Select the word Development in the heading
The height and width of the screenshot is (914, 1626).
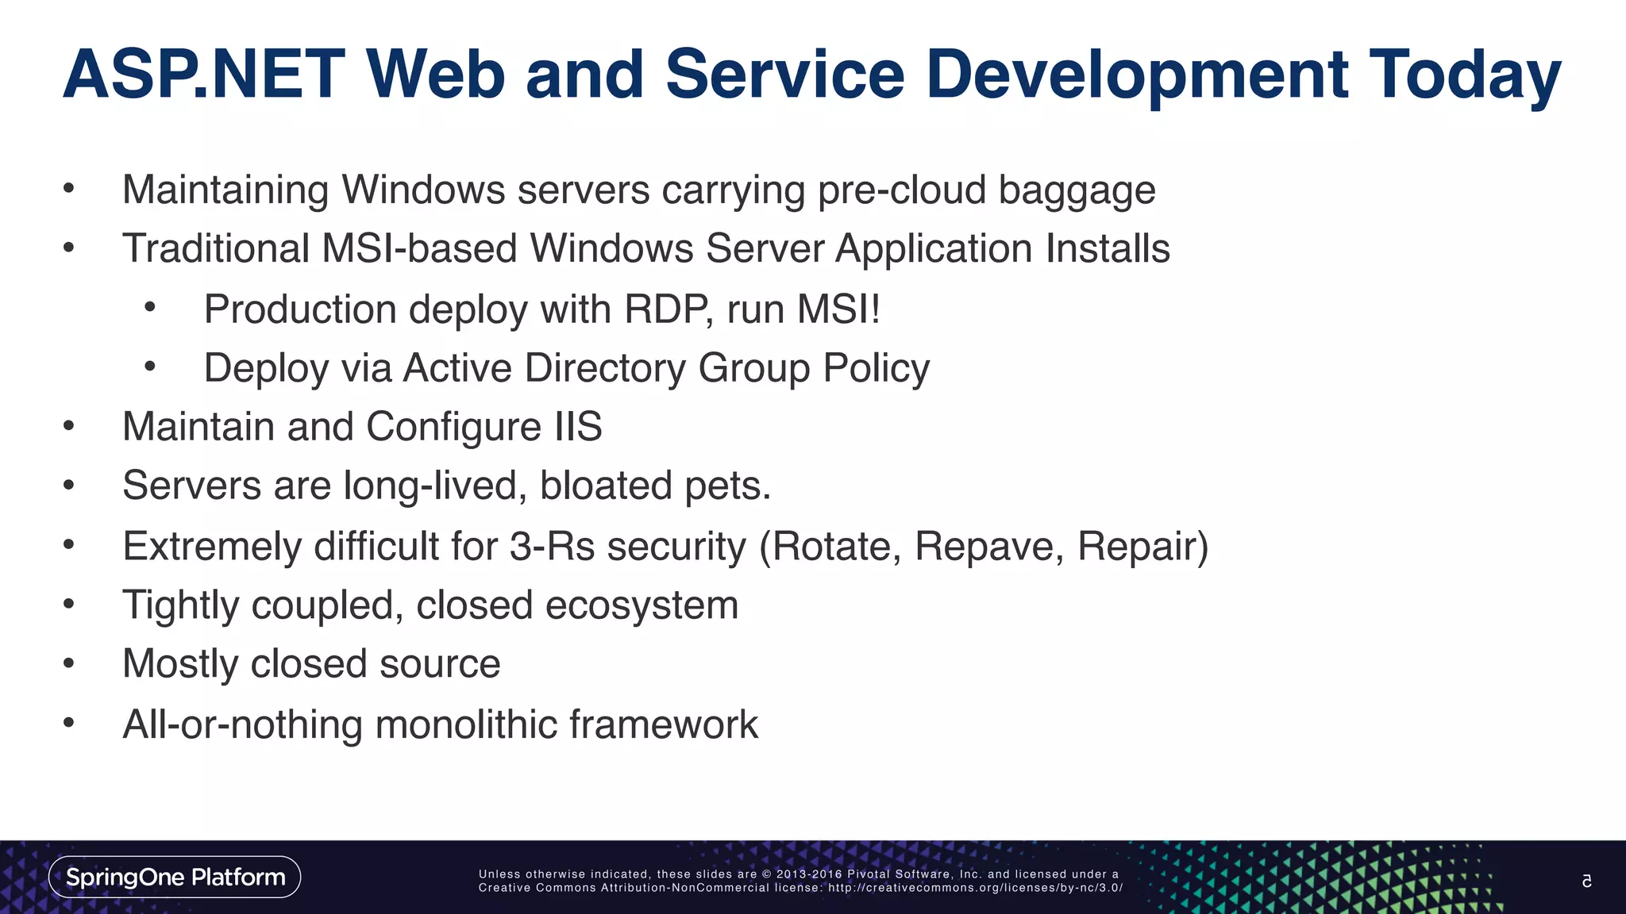click(1136, 75)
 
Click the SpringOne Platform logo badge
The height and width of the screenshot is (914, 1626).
click(175, 877)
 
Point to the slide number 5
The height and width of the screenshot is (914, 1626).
click(1586, 881)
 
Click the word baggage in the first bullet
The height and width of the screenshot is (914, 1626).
click(1077, 191)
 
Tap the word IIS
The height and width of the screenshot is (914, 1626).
click(578, 427)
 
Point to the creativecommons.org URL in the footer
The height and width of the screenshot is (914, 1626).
click(975, 888)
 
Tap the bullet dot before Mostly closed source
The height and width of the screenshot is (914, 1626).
click(69, 663)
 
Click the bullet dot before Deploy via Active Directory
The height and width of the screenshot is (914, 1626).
click(150, 367)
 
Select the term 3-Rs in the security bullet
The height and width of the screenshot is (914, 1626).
click(552, 547)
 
